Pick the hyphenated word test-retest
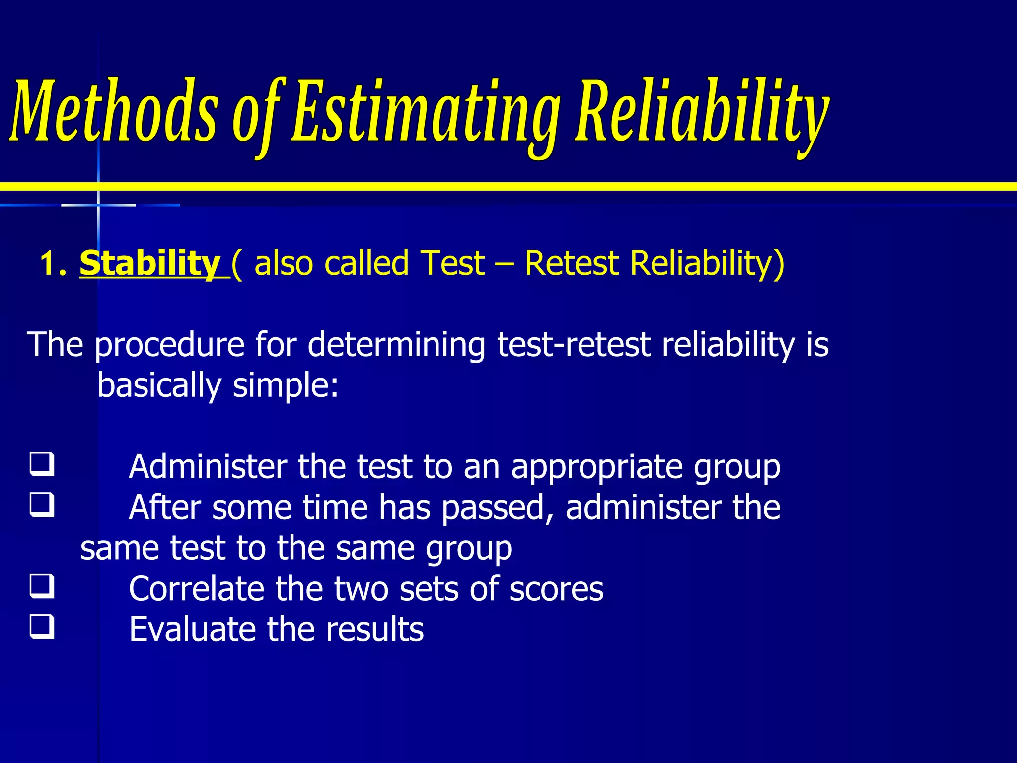pyautogui.click(x=574, y=345)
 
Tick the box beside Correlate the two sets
pyautogui.click(x=42, y=586)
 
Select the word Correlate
pyautogui.click(x=197, y=589)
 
